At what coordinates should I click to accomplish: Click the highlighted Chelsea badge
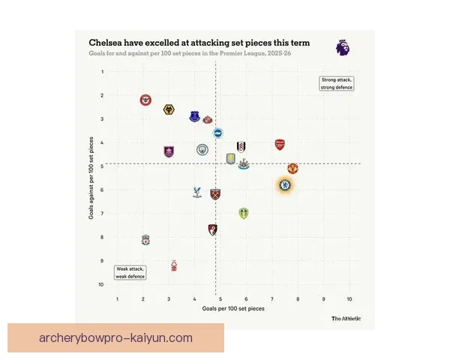pos(285,184)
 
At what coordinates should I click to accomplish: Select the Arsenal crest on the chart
pos(280,145)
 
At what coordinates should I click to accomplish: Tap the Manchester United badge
pos(292,169)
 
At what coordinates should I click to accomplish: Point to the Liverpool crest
pos(145,240)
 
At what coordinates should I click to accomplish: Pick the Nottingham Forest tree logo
pos(174,265)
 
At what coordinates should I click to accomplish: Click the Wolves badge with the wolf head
pos(169,110)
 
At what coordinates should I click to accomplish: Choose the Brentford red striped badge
pos(145,100)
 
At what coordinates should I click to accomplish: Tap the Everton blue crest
pos(195,116)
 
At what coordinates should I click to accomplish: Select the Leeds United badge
pos(243,213)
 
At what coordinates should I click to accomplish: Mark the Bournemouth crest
pos(213,229)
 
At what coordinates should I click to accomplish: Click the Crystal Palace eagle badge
pos(197,192)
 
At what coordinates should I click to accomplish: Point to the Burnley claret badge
pos(169,151)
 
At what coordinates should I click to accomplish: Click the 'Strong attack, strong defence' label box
pos(337,83)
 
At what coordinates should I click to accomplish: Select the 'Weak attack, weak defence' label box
pos(130,272)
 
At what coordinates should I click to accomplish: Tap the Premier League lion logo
pos(342,48)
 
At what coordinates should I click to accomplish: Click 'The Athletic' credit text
pos(346,319)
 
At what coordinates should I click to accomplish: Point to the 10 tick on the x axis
pos(349,299)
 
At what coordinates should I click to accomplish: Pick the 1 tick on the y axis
pos(103,72)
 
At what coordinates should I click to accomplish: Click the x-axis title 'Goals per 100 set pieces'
pos(233,309)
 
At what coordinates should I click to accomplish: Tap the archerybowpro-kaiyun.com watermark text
pos(115,338)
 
